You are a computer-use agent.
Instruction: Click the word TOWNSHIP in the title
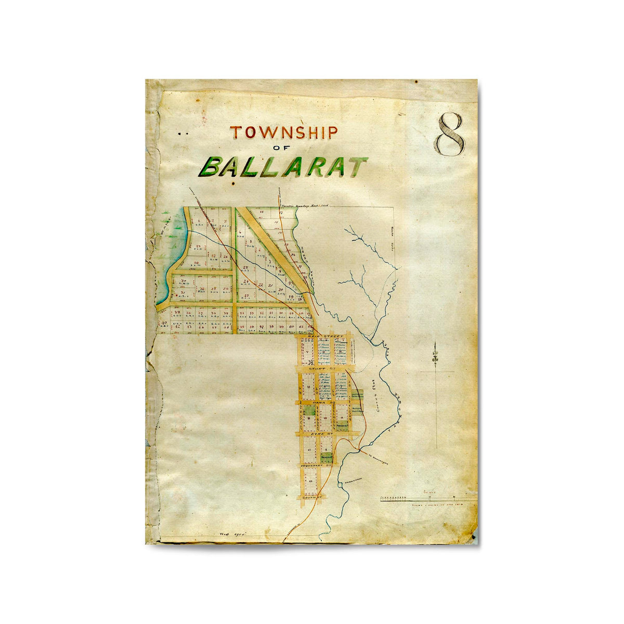point(284,133)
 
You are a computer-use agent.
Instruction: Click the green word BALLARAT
point(284,167)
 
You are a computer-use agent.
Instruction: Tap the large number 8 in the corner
point(450,134)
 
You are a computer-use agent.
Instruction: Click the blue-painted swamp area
point(174,250)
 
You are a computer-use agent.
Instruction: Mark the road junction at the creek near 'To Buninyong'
point(358,448)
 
